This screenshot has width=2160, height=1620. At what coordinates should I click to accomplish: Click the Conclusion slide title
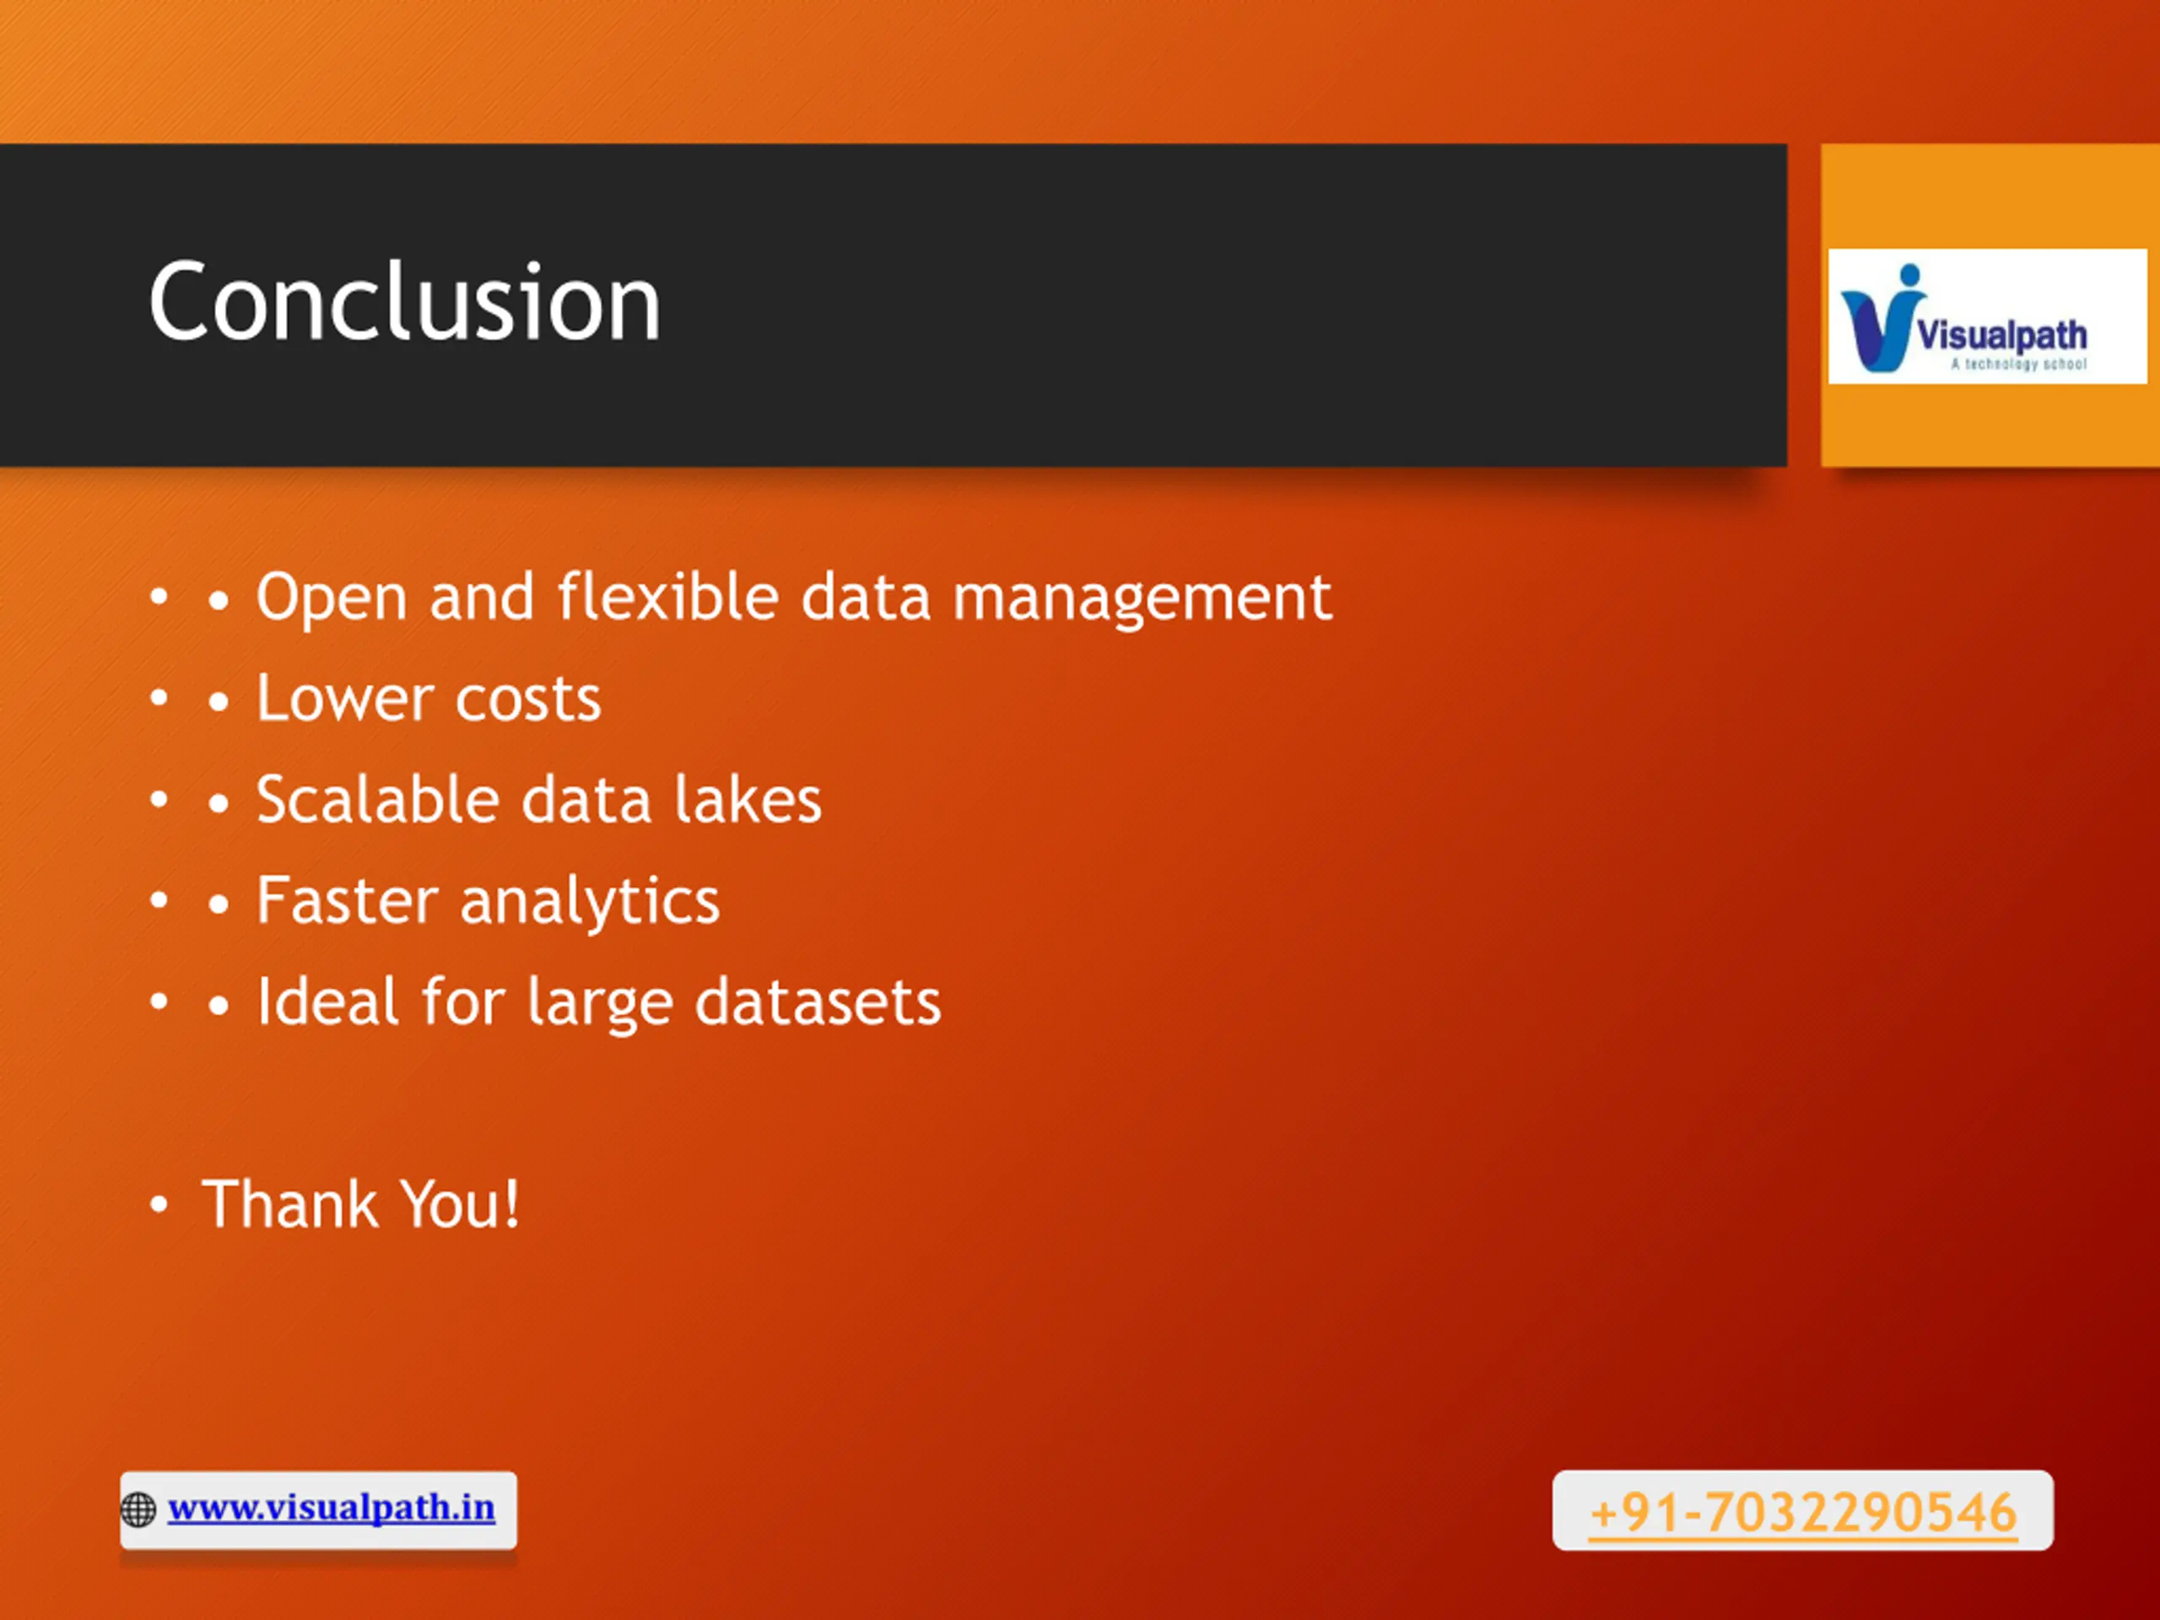[x=404, y=302]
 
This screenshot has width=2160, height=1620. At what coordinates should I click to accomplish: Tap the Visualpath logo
[x=1987, y=316]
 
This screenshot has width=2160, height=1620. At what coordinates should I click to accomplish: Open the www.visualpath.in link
[x=331, y=1508]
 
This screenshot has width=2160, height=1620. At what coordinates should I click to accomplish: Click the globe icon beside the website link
[x=138, y=1509]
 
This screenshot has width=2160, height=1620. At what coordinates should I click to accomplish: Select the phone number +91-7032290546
[x=1802, y=1513]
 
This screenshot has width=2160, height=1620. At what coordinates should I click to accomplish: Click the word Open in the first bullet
[x=331, y=597]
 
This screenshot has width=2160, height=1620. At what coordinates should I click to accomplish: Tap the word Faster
[x=347, y=899]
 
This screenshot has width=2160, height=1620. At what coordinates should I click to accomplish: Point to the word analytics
[x=590, y=901]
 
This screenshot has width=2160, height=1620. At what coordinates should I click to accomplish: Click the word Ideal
[x=328, y=1001]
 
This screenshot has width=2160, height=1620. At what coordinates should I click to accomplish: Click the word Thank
[x=290, y=1203]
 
